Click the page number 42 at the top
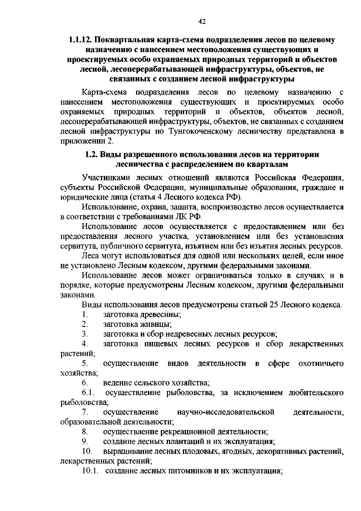(202, 21)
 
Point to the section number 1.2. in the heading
(90, 155)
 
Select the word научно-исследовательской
(226, 412)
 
